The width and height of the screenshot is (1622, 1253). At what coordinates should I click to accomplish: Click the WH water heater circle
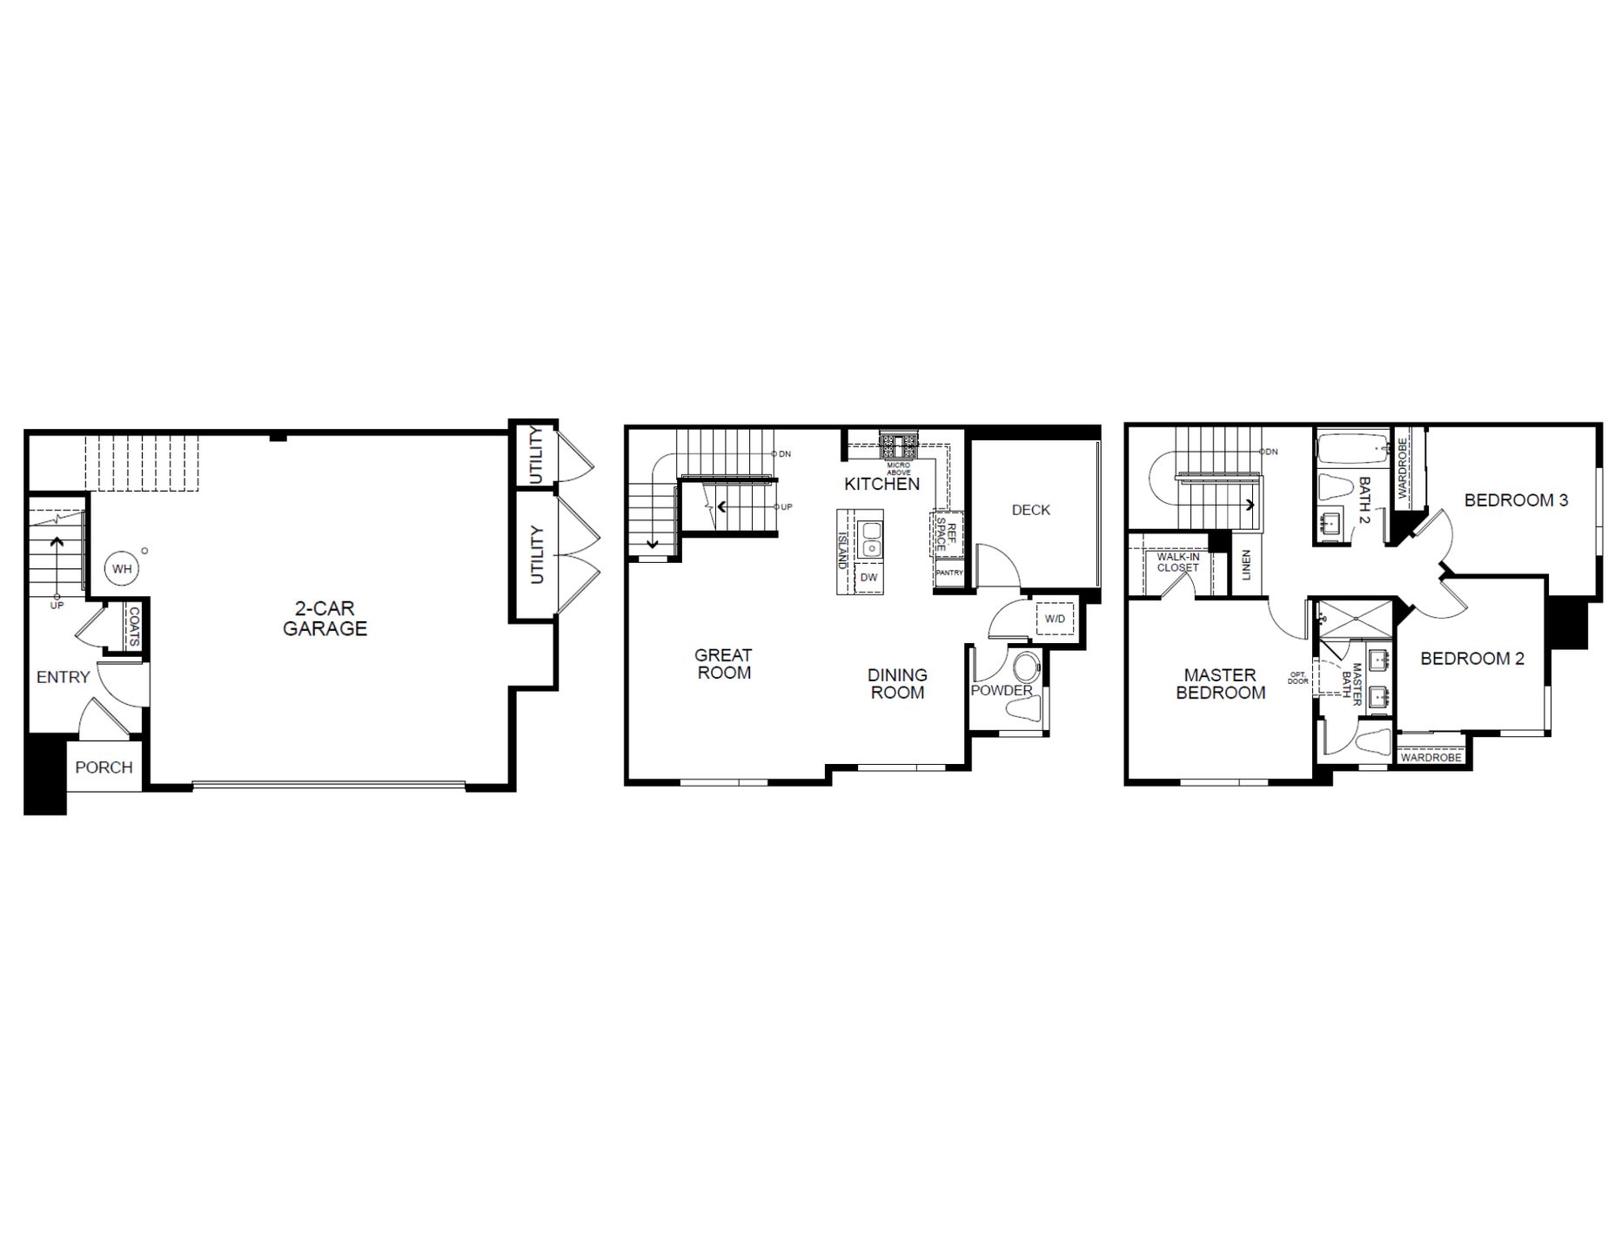point(122,569)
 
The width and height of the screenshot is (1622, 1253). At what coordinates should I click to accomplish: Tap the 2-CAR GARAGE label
point(325,619)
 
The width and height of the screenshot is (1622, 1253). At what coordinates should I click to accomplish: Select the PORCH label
point(104,767)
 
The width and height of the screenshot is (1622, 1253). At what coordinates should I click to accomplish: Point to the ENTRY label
point(63,677)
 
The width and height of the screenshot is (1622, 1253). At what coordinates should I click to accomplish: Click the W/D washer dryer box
point(1055,619)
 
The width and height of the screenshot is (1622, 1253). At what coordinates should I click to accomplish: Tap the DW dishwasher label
point(868,578)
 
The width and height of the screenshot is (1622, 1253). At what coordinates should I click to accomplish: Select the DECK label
point(1030,510)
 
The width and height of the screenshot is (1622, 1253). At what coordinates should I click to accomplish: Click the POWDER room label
point(1001,691)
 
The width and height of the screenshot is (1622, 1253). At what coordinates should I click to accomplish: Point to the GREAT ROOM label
point(723,664)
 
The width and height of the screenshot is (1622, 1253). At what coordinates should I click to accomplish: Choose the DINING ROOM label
point(897,684)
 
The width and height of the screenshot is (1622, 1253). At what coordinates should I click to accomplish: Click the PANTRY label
point(949,573)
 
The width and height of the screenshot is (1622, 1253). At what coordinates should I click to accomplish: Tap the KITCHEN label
point(881,484)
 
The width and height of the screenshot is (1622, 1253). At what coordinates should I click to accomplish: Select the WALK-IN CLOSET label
point(1177,562)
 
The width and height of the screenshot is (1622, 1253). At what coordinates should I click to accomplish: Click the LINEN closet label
point(1246,566)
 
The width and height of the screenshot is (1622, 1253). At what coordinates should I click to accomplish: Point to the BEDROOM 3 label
point(1516,500)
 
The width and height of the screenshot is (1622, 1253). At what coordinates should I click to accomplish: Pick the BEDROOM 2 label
point(1472,659)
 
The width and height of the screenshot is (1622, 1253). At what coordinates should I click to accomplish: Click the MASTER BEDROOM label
point(1220,684)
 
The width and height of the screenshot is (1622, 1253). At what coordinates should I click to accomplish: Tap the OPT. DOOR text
point(1297,678)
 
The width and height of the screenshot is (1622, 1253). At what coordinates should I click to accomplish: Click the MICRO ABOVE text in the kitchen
point(898,469)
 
